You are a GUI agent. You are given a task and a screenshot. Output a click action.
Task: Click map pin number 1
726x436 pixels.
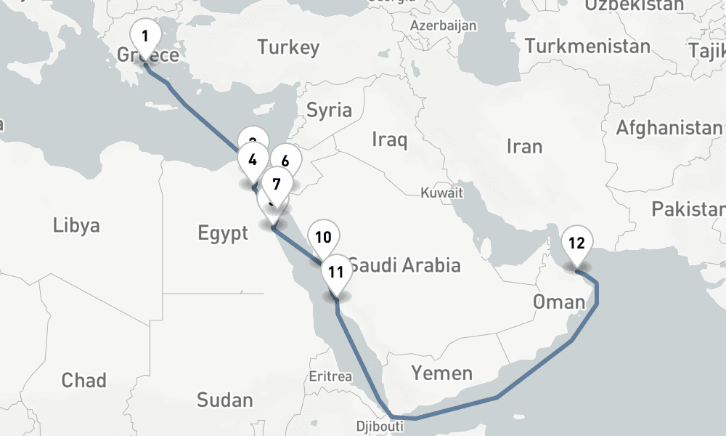(x=145, y=36)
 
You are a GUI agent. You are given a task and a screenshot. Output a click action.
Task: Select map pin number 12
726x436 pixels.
(x=576, y=243)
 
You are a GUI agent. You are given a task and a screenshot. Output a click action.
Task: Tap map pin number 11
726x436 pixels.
(x=335, y=272)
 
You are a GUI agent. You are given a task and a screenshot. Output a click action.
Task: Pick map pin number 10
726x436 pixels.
(x=323, y=237)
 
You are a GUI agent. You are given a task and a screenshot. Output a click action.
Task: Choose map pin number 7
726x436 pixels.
(x=277, y=185)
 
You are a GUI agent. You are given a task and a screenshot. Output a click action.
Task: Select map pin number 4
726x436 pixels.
(x=253, y=160)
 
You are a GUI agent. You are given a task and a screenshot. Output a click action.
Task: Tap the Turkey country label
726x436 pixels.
(x=288, y=48)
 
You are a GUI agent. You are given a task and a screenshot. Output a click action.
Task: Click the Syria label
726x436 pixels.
(x=329, y=110)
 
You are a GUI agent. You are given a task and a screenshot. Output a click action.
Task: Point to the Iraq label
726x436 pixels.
(x=389, y=139)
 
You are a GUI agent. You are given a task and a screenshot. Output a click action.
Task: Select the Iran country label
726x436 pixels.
(x=524, y=146)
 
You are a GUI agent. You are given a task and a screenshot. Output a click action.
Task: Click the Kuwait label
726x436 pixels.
(x=441, y=193)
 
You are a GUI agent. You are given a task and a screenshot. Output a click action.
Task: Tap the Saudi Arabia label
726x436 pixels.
(x=404, y=265)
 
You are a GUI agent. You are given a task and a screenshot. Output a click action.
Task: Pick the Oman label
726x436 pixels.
(x=558, y=301)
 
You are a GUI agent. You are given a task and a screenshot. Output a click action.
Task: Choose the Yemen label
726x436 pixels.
(x=441, y=374)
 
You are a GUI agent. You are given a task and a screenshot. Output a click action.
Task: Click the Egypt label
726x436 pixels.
(x=223, y=233)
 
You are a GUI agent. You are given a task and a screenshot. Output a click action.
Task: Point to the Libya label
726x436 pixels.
(x=76, y=225)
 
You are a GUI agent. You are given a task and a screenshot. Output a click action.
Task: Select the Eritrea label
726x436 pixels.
(x=330, y=376)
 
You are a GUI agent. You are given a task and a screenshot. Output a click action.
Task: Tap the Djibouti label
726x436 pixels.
(x=380, y=426)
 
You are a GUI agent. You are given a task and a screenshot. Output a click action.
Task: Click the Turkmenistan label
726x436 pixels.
(x=587, y=47)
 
